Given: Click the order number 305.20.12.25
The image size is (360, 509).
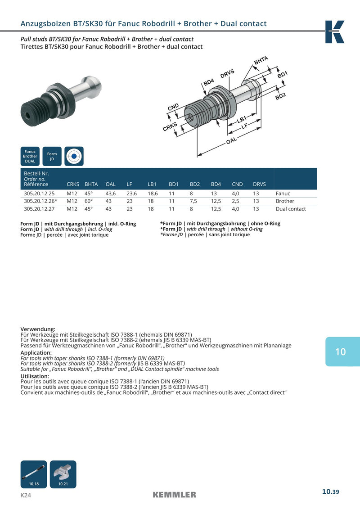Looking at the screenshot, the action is pos(39,194).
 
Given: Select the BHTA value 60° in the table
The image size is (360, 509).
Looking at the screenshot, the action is pos(89,201).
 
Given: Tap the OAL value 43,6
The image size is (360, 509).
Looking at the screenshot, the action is pos(111,194).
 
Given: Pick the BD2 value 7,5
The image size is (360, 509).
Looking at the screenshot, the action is pos(193,201).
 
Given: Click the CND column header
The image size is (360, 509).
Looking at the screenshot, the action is pos(237,185).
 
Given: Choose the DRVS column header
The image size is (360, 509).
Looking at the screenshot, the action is pos(259,185).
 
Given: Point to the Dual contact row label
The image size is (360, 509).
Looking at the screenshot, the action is pos(291,209).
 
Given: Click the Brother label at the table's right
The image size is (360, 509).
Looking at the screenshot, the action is pos(285,201).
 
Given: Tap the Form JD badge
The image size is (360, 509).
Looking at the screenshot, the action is pos(52,156).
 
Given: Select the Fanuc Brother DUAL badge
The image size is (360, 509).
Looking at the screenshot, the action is pos(30,156).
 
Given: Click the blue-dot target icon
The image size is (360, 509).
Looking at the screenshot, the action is pos(74,156).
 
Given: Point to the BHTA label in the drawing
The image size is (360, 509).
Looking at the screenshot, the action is pos(261,60).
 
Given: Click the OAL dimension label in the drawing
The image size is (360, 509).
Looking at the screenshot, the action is pos(231,140).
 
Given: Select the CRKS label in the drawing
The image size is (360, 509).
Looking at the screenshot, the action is pos(170,126).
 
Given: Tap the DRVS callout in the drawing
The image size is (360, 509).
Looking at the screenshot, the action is pos(227,74).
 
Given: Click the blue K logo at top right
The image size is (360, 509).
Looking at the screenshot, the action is pos(335,32).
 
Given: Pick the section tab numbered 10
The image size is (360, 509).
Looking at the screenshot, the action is pos(342,351).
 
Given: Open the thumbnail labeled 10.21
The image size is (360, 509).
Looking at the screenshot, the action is pos(63,474).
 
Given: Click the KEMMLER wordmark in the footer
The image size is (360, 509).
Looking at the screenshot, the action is pos(174,495).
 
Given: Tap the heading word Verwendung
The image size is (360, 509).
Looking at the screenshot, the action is pos(38,329).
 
